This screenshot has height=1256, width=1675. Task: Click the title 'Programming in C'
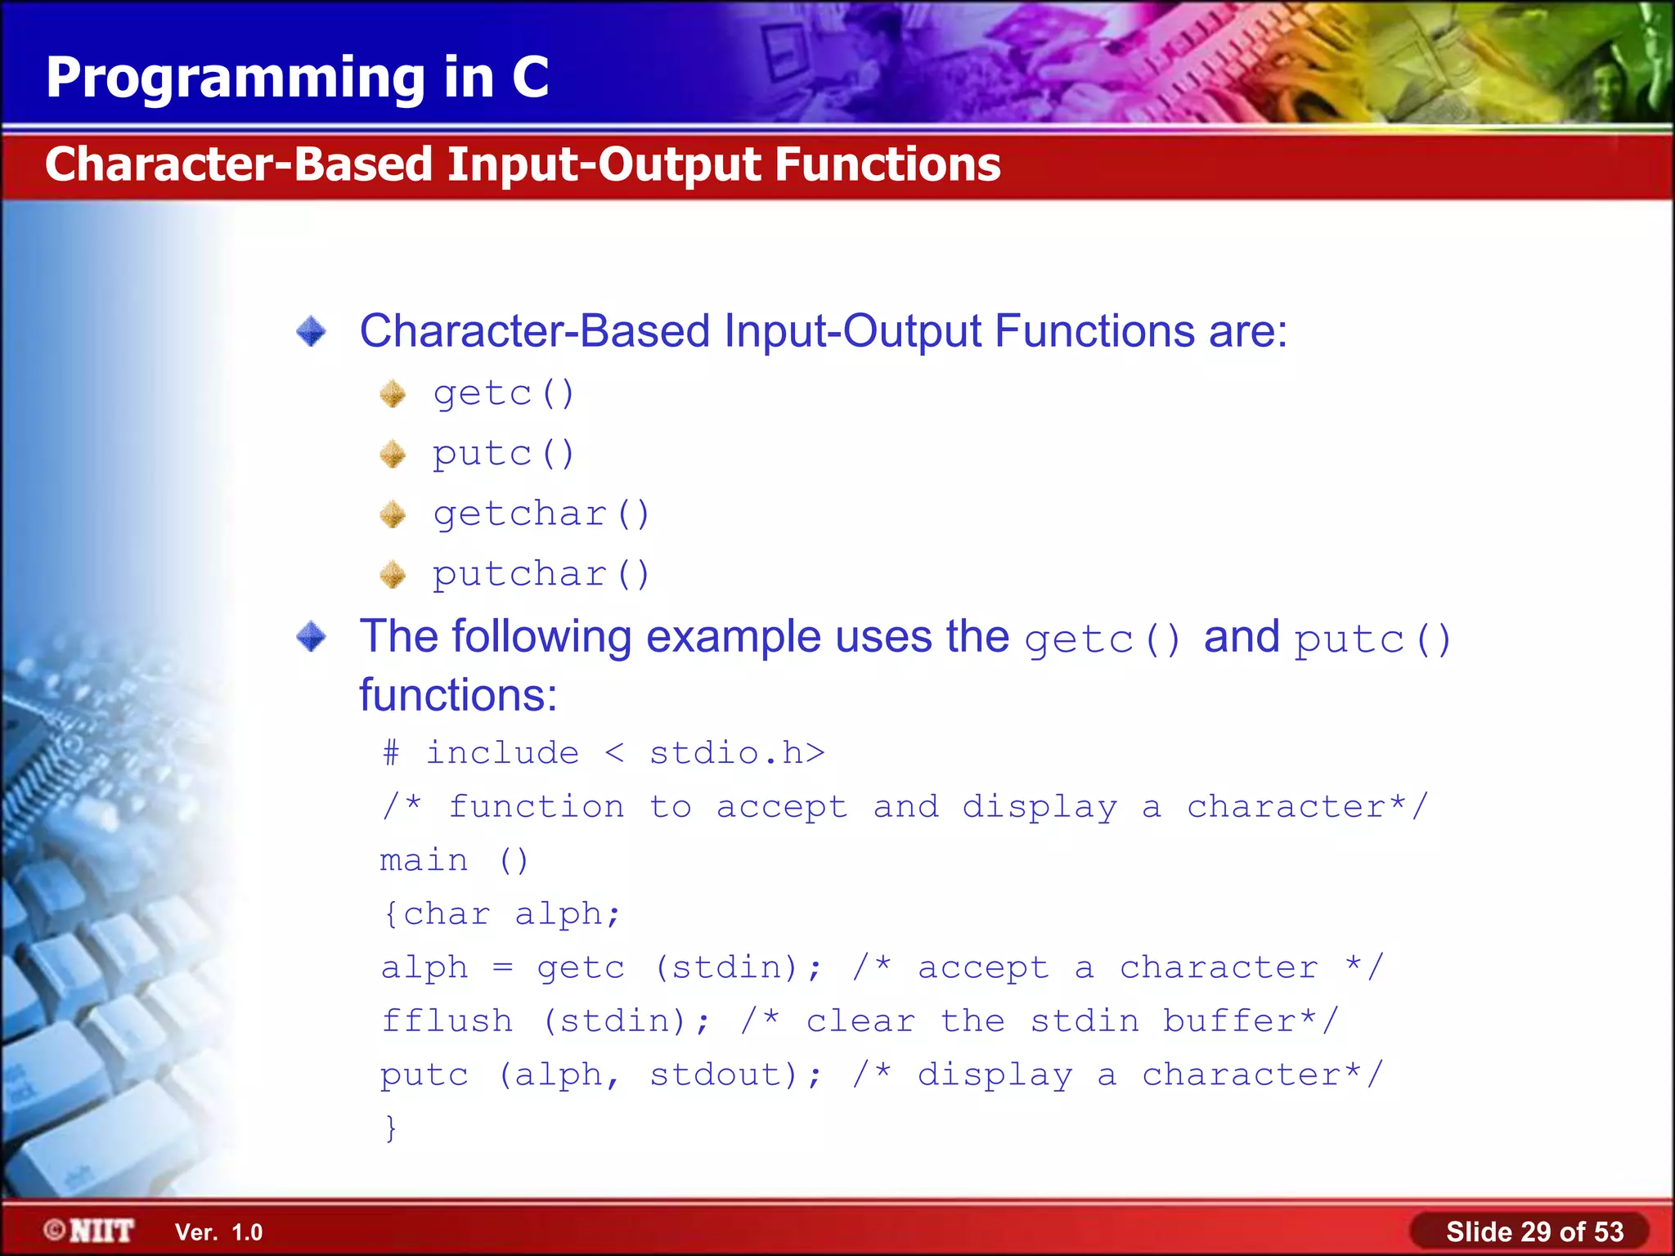coord(297,78)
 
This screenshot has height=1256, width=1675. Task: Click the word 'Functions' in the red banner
coord(887,164)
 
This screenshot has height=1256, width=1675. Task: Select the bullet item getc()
coord(504,394)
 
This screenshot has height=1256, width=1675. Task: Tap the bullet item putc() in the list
coord(504,454)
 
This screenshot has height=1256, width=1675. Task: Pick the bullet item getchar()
coord(541,514)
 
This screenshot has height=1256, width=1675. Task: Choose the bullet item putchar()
coord(541,574)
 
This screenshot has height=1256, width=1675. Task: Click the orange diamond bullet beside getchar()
coord(393,514)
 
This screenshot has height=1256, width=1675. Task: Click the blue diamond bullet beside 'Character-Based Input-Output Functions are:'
coord(312,332)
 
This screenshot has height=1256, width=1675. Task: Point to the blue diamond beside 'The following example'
coord(312,637)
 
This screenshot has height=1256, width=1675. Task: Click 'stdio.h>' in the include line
coord(737,753)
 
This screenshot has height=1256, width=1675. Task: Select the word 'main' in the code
coord(424,861)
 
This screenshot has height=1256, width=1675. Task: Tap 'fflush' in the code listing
coord(447,1021)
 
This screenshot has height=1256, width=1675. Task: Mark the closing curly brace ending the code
coord(391,1128)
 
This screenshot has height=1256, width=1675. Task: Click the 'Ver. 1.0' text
coord(218,1232)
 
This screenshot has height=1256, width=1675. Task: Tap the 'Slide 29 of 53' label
coord(1534,1231)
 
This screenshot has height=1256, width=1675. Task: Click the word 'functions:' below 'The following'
coord(458,696)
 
